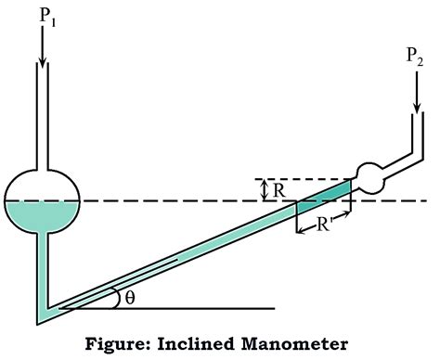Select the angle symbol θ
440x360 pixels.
coord(130,298)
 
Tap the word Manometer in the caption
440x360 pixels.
coord(297,344)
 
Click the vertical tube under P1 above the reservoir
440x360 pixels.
coord(42,121)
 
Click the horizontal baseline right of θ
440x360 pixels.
coord(214,306)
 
